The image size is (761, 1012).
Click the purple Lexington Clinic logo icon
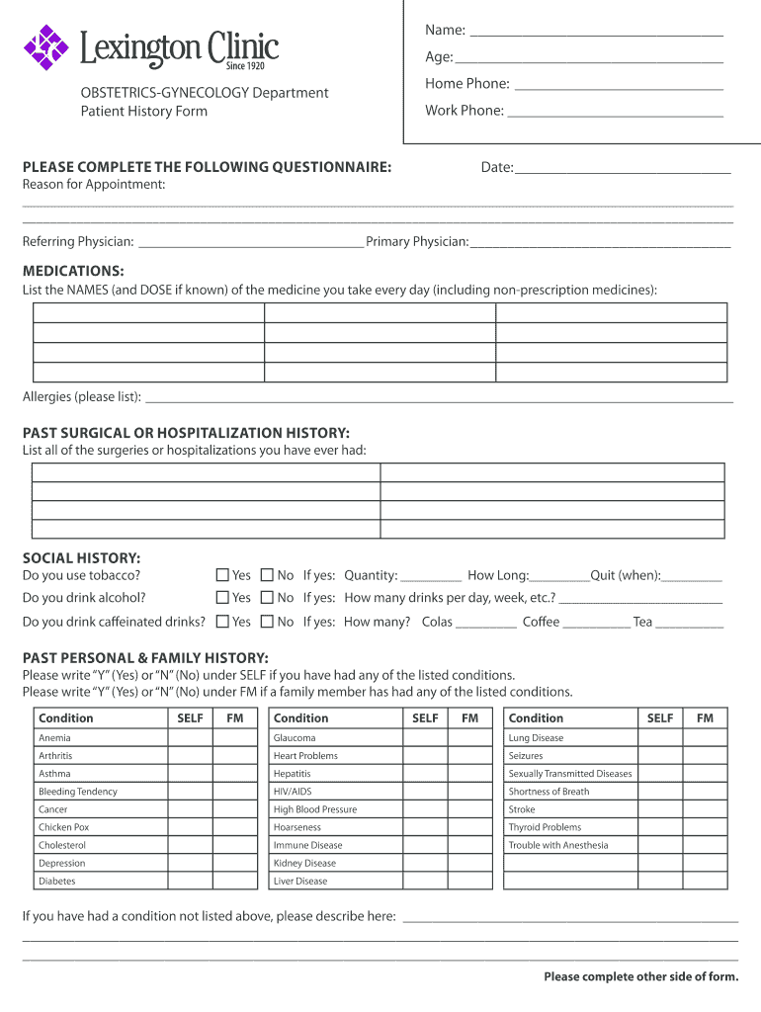click(x=45, y=47)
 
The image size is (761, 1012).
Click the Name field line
click(x=596, y=35)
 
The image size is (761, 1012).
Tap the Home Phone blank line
click(x=619, y=88)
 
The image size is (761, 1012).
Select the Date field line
click(x=623, y=172)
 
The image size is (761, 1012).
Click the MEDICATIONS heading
click(x=73, y=271)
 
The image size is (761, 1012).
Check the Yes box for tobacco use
click(x=222, y=574)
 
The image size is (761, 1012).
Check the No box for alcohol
click(x=267, y=598)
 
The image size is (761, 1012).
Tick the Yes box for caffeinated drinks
click(x=222, y=622)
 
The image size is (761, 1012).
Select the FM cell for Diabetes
click(x=235, y=881)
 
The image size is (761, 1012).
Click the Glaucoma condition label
click(x=295, y=738)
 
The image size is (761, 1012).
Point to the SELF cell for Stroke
click(x=659, y=809)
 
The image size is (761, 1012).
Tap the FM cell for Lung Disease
click(x=705, y=738)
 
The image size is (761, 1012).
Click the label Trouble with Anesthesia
click(x=558, y=845)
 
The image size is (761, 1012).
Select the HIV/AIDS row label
click(x=293, y=792)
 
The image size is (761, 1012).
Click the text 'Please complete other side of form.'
click(x=640, y=977)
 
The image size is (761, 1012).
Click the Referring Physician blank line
click(x=251, y=246)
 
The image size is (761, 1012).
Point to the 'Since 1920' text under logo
click(x=246, y=66)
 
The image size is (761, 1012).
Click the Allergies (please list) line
click(x=439, y=401)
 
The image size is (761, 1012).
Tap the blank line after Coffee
click(x=597, y=627)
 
